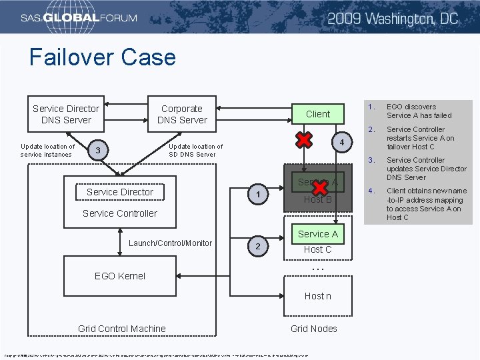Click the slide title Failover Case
[x=102, y=57]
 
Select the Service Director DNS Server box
[x=66, y=114]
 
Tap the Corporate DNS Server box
[x=182, y=114]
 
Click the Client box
[x=317, y=114]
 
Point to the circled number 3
[x=98, y=151]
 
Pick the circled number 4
[x=341, y=143]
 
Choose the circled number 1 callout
[x=257, y=195]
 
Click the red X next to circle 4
[x=304, y=140]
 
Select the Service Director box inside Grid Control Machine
[x=120, y=192]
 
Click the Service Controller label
[x=120, y=213]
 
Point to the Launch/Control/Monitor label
[x=170, y=243]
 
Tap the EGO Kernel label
[x=120, y=275]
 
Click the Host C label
[x=317, y=249]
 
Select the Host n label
[x=317, y=295]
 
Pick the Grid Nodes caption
[x=314, y=328]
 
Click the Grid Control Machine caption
[x=122, y=328]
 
